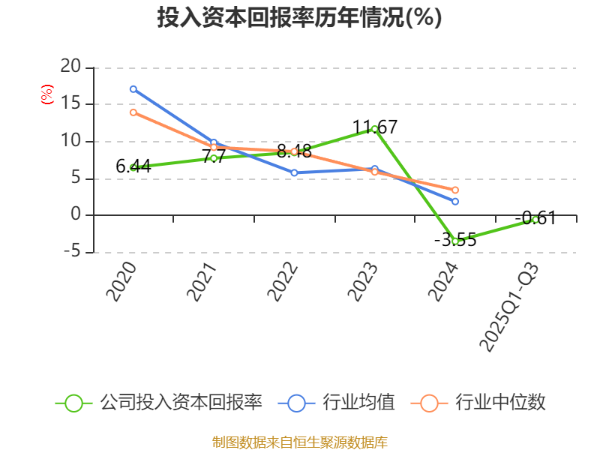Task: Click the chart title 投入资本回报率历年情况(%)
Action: pos(299,18)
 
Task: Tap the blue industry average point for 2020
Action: pos(133,89)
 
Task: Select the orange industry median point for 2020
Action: pos(133,112)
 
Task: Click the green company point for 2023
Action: pos(374,129)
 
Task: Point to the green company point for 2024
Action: pos(454,241)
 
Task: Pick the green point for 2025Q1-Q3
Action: pos(535,220)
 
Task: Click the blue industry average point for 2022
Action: pos(294,172)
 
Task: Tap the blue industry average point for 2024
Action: pos(454,202)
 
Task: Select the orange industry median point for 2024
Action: pos(454,190)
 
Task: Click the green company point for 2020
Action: pos(133,167)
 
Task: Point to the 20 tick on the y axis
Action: pos(70,67)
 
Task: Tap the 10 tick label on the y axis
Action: pos(70,141)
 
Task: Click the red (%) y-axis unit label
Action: pos(47,95)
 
